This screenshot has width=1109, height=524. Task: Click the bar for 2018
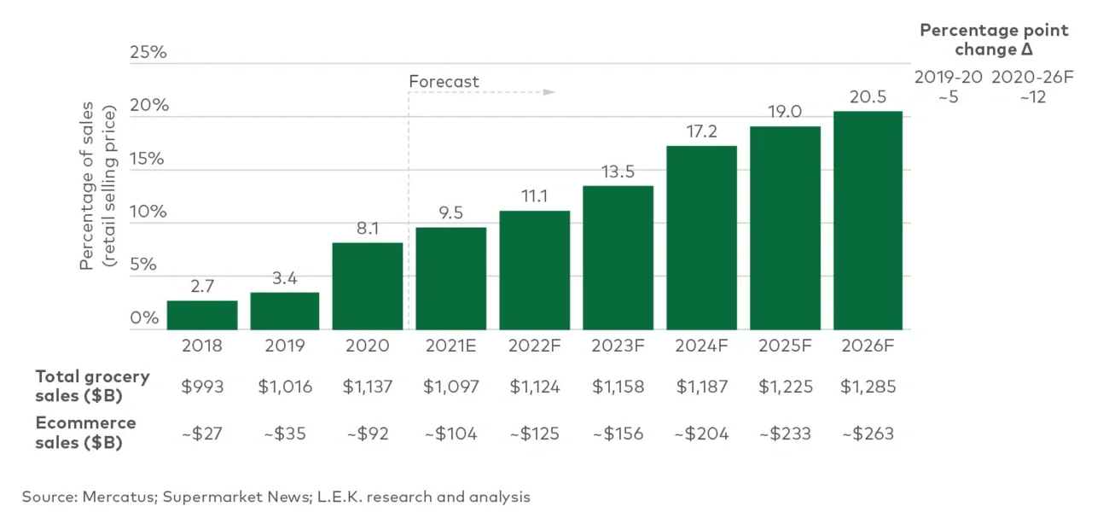click(202, 315)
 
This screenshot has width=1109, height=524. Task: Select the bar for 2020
click(368, 286)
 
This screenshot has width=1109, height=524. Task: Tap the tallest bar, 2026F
click(868, 220)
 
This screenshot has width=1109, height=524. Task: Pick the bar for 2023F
click(618, 258)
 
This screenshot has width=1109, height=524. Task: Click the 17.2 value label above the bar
click(701, 132)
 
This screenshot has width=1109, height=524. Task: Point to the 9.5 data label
click(450, 213)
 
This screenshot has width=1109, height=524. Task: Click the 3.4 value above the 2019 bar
click(284, 279)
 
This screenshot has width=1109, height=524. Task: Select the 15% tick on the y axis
click(147, 159)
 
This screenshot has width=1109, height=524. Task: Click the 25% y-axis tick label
click(148, 53)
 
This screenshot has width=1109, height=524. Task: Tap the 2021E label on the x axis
click(450, 346)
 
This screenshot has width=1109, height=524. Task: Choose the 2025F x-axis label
click(785, 346)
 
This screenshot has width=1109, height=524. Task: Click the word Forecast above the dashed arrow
click(444, 82)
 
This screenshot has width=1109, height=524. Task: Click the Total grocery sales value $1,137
click(368, 387)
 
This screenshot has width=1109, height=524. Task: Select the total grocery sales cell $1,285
click(868, 387)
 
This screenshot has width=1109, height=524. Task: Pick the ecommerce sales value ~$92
click(368, 434)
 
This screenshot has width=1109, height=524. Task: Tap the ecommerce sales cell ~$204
click(701, 434)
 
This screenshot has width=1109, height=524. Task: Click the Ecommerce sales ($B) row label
click(85, 433)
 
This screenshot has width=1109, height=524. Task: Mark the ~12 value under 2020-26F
click(1032, 97)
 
